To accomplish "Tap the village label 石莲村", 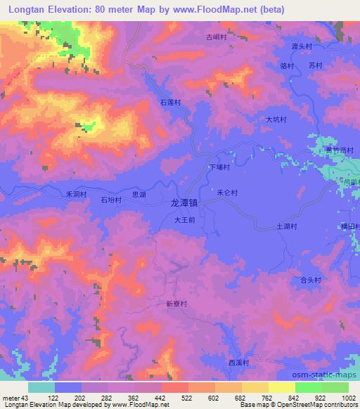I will coord(170,103).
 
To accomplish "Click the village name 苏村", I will coord(314,65).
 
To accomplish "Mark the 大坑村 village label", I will coord(276,119).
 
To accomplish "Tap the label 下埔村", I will coord(220,168).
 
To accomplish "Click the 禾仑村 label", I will coord(227,192).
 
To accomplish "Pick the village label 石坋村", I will coord(110,200).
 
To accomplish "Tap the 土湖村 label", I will coord(287,226).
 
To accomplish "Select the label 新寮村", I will coord(176,304).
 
